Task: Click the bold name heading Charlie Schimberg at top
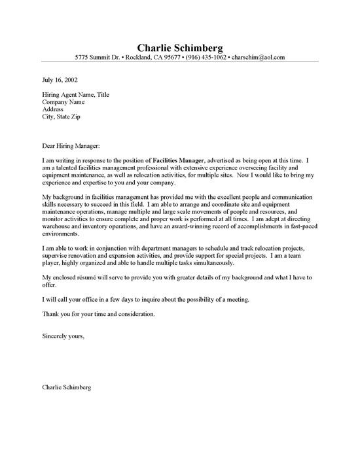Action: pos(180,48)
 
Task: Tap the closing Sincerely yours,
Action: pos(63,337)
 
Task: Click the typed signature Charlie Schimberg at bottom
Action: pos(66,387)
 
